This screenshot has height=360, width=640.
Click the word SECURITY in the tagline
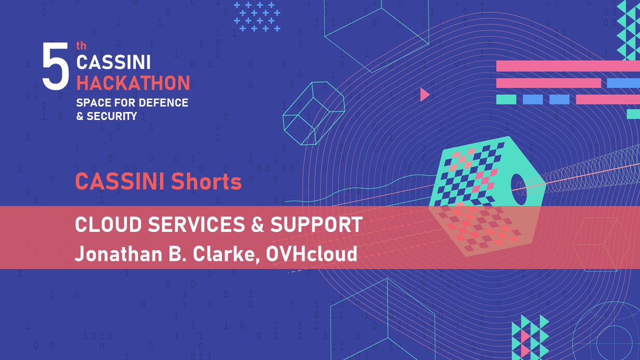point(113,116)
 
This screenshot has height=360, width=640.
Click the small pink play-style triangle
point(424,95)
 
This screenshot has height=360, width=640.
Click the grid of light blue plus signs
point(257,16)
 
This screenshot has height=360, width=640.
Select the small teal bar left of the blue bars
point(506,99)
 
